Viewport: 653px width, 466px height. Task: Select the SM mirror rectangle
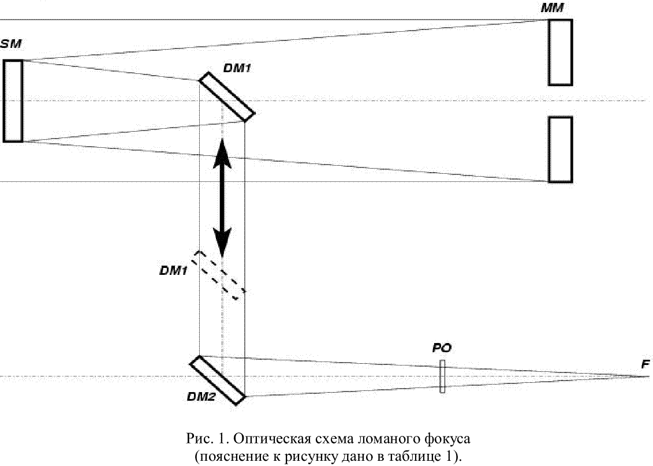(13, 100)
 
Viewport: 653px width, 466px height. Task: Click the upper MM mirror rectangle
(561, 52)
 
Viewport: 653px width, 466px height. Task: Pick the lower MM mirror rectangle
(561, 150)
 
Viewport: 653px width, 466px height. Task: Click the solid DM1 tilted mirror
(227, 96)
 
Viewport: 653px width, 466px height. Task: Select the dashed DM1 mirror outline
(219, 275)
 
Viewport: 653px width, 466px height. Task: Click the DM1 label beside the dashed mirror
(173, 270)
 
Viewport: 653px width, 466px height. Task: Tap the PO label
(442, 349)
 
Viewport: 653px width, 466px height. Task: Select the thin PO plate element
(442, 376)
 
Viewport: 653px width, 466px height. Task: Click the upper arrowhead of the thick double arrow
(222, 154)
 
